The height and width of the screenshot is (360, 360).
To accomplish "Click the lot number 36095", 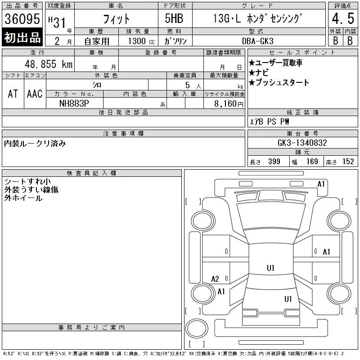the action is (22, 19).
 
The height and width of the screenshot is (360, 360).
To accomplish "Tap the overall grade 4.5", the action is (343, 18).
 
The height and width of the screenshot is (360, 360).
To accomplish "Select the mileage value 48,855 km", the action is (49, 64).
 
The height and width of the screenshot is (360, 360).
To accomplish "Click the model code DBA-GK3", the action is (257, 41).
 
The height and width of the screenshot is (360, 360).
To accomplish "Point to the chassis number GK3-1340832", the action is (302, 143).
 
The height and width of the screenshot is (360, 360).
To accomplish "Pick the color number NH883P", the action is (74, 103).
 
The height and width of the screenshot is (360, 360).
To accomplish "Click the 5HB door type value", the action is (174, 18).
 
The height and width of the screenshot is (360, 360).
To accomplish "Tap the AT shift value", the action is (13, 94).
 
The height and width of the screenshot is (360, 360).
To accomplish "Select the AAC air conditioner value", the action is (35, 94).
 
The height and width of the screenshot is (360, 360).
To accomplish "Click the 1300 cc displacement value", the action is (141, 41).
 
